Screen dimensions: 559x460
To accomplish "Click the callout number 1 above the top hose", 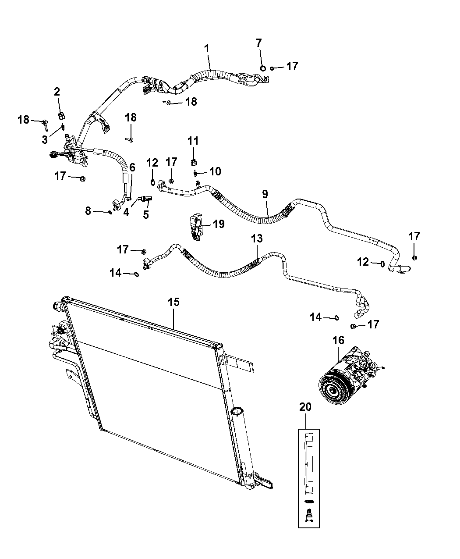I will [x=207, y=49].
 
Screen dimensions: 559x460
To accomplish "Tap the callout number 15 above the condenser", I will [x=174, y=302].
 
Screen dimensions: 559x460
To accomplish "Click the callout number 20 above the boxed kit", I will [x=305, y=407].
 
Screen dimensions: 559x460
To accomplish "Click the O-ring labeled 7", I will [x=262, y=68].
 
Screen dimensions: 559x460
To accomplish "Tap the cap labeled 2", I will [x=62, y=115].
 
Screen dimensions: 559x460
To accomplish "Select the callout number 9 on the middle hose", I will [x=265, y=194].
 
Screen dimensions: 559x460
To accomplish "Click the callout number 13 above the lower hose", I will [x=257, y=239].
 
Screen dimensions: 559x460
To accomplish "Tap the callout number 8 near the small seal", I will [x=88, y=211].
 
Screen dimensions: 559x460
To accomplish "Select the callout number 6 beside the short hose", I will [x=132, y=167].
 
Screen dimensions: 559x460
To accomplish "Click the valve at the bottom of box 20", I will [x=309, y=513].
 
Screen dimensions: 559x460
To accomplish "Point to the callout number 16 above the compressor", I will [x=338, y=340].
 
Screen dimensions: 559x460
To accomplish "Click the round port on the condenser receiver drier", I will [x=237, y=411].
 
